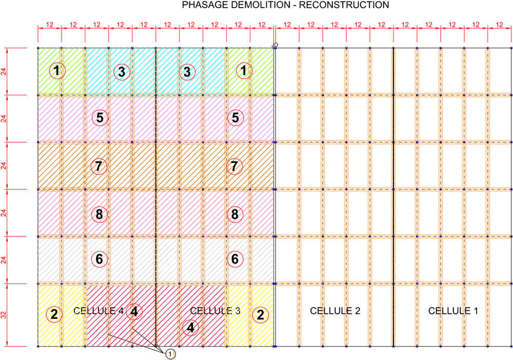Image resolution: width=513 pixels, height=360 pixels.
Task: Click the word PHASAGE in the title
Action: point(204,5)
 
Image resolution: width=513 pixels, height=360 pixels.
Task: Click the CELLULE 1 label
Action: point(453,311)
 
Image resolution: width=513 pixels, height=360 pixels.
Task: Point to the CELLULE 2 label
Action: point(335,311)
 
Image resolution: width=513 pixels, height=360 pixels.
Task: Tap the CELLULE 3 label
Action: point(215,311)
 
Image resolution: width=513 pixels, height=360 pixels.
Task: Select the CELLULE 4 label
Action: point(98,311)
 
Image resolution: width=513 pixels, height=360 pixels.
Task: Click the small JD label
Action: point(275,45)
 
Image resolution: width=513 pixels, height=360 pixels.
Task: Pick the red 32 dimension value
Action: point(4,315)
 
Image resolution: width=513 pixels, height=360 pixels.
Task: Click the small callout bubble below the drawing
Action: point(170,354)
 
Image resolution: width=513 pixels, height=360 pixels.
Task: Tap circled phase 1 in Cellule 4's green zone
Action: point(57,71)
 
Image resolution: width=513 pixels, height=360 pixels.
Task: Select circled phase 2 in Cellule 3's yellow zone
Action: point(261,315)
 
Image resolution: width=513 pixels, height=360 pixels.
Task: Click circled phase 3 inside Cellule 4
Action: point(122,72)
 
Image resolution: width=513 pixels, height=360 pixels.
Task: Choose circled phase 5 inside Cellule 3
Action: point(235,118)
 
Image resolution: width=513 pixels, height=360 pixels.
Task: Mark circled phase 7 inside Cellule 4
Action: point(98,167)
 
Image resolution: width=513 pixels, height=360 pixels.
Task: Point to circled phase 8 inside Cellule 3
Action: point(235,214)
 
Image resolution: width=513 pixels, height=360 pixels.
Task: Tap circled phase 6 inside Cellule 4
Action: point(99,259)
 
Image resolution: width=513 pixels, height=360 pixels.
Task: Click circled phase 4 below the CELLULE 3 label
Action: point(190,327)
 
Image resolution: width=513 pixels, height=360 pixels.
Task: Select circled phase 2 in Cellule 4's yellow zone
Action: point(54,314)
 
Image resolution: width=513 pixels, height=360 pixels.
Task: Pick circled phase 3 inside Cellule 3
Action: point(187,72)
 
